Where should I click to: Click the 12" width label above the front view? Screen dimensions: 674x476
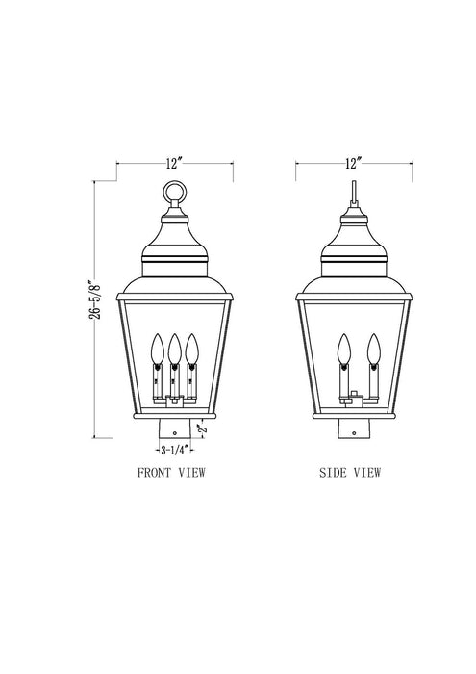[174, 165]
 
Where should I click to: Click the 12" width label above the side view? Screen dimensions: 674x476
[354, 165]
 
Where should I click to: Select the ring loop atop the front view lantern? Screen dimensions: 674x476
[174, 194]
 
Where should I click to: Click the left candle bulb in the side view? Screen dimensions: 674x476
[342, 346]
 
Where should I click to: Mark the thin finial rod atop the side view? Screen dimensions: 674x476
[354, 188]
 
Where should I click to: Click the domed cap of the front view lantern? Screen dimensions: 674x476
[174, 236]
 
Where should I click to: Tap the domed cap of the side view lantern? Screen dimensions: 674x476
[354, 236]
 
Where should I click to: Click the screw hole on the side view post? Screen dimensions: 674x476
[354, 433]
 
